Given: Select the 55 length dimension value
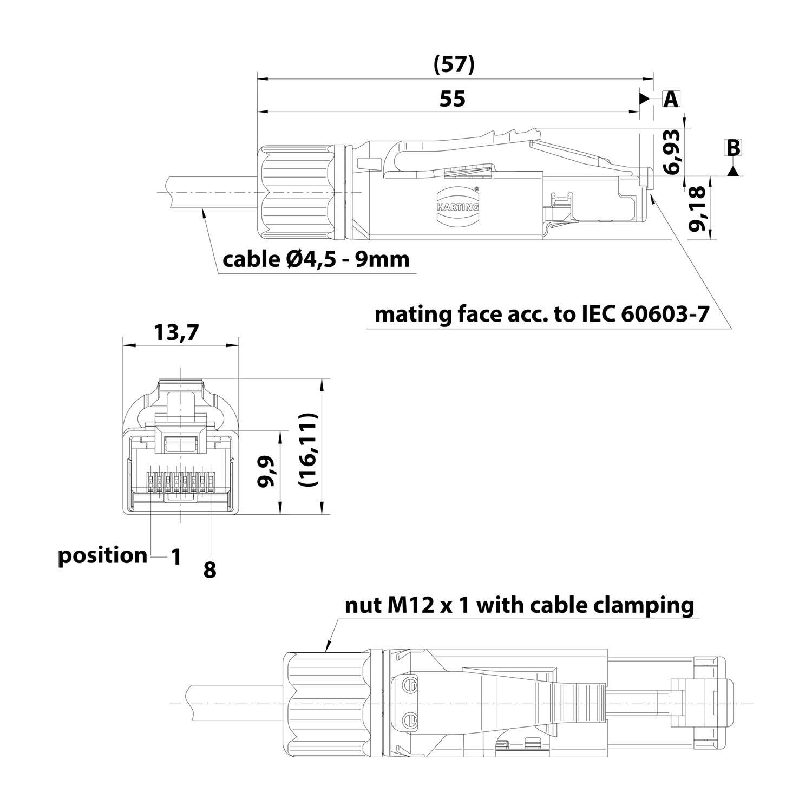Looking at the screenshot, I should [x=452, y=99].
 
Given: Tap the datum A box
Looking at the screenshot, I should [x=671, y=99].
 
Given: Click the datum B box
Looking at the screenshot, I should [x=733, y=148].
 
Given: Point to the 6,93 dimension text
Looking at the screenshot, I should [x=671, y=151].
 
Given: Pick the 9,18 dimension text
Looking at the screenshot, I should [x=699, y=209].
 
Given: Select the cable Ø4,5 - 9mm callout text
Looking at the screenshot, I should [x=316, y=260].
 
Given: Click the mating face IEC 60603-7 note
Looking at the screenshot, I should [x=541, y=315].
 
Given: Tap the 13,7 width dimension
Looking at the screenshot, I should [x=176, y=332].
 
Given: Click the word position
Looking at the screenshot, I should [x=102, y=555].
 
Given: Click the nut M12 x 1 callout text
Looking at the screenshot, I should [x=519, y=605].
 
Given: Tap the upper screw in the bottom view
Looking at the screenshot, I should [x=411, y=685].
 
